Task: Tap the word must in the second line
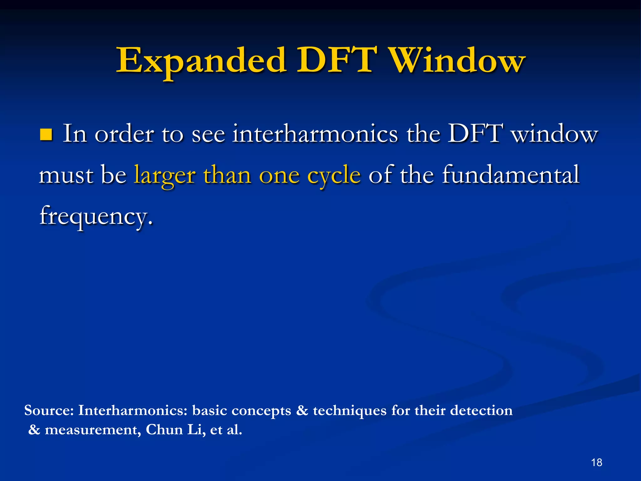pos(66,175)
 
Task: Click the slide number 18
pos(597,462)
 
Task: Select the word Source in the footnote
pos(49,410)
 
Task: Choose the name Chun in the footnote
pos(164,430)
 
